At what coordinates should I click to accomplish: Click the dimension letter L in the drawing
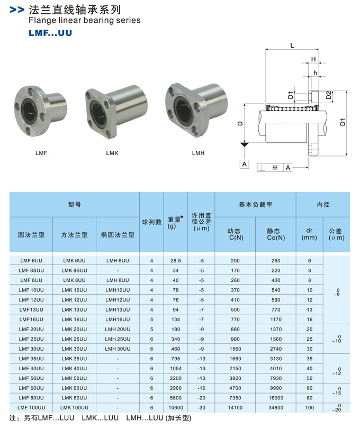pos(292,45)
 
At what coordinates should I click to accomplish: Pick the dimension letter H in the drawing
pos(313,59)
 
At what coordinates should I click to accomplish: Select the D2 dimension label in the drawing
pos(329,96)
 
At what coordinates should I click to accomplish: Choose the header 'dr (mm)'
pos(309,234)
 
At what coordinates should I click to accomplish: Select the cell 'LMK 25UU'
pos(74,339)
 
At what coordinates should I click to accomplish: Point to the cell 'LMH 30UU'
pos(118,349)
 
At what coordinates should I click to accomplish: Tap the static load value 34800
pos(275,407)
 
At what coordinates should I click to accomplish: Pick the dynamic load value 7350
pos(235,397)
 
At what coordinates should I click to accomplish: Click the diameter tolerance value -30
pos(202,407)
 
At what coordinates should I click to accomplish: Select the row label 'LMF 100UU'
pos(32,407)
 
